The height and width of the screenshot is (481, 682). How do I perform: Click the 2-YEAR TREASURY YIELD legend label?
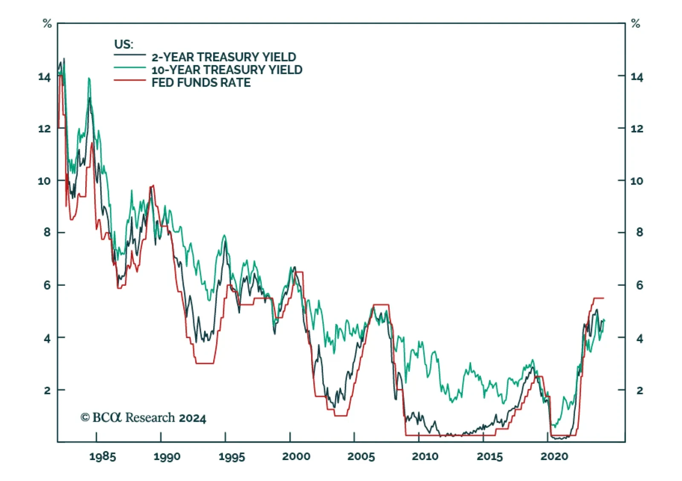[x=224, y=57]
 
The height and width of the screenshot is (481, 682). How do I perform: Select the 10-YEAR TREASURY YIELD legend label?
[x=227, y=70]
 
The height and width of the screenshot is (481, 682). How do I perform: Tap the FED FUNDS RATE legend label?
[x=201, y=82]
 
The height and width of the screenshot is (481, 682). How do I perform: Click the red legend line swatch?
[x=130, y=80]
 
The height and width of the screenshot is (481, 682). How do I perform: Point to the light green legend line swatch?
[x=130, y=67]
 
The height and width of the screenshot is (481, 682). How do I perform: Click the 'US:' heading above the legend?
[x=124, y=44]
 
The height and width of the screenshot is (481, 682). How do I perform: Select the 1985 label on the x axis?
[x=102, y=457]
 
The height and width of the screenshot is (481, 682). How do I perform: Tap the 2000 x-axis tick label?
[x=296, y=457]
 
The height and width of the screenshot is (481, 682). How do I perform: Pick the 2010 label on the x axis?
[x=425, y=457]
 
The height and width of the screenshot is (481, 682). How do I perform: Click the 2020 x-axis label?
[x=554, y=457]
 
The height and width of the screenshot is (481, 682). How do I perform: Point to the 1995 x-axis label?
[x=231, y=457]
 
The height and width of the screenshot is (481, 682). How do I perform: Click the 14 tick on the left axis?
[x=44, y=77]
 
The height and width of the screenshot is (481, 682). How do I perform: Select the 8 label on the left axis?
[x=47, y=232]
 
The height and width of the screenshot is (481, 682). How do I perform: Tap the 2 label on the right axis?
[x=639, y=390]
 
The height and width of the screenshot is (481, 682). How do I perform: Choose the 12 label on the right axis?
[x=637, y=129]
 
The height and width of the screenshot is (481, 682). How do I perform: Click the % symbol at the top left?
[x=47, y=24]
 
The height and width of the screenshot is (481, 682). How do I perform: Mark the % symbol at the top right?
[x=636, y=24]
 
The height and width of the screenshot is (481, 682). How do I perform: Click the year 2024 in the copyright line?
[x=192, y=418]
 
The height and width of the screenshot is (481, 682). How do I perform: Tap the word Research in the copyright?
[x=150, y=417]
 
